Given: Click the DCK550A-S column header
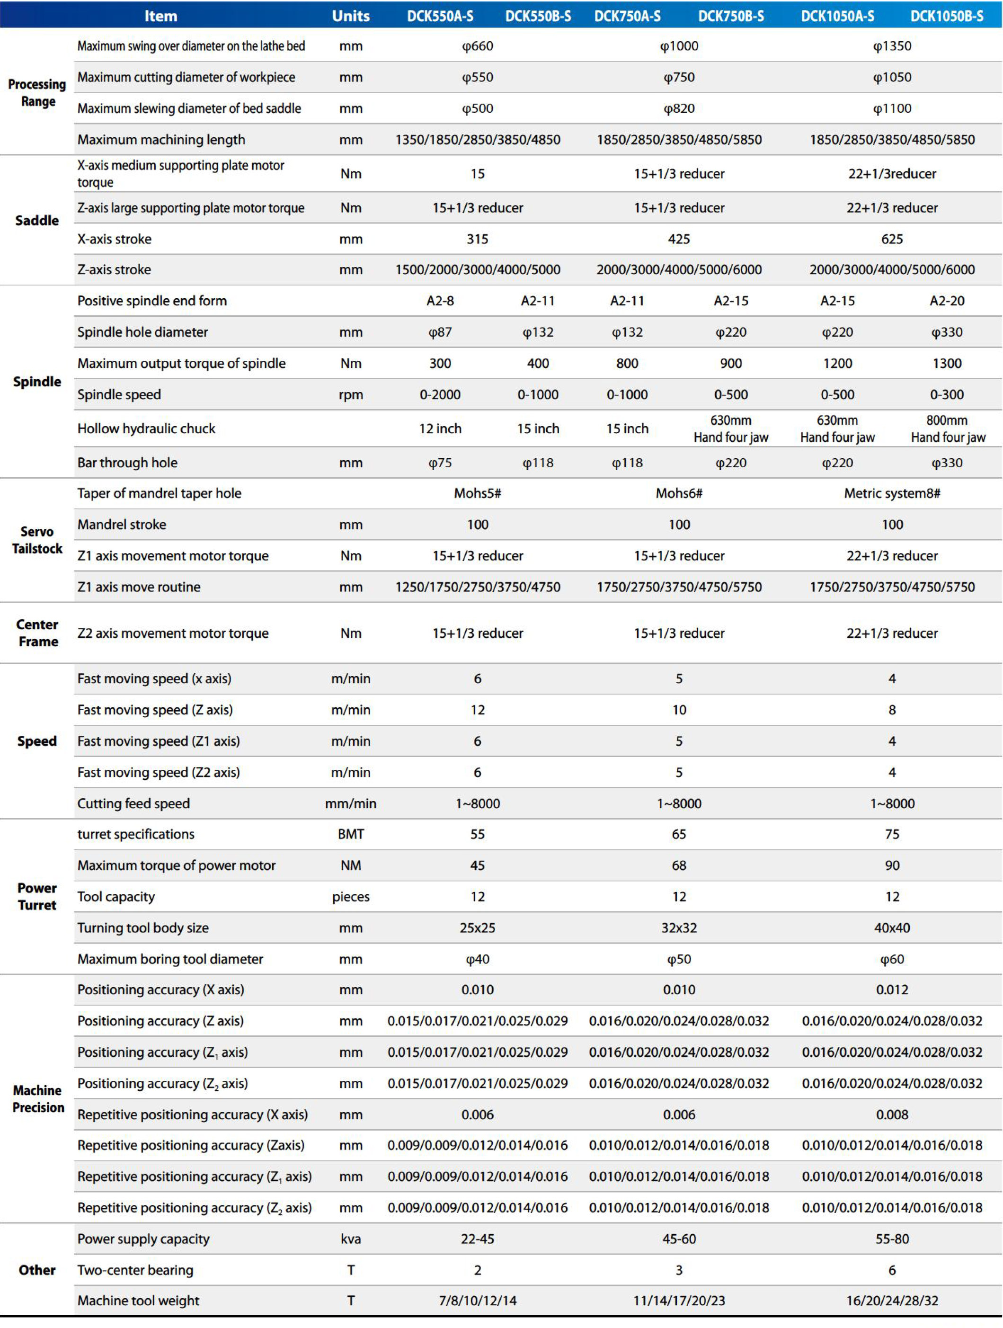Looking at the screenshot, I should (440, 16).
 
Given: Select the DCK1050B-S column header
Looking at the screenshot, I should (947, 16).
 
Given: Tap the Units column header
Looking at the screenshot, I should (351, 16).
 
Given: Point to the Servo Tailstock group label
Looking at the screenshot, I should (37, 540).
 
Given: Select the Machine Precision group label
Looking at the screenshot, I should (38, 1099).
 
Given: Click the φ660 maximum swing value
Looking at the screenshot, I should (477, 46).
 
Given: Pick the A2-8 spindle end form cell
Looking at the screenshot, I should (440, 301).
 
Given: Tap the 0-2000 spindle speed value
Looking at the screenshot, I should (440, 394).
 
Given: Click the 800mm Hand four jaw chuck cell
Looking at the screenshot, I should (947, 428).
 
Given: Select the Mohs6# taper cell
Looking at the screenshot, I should (679, 493).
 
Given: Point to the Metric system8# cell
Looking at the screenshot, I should (892, 493).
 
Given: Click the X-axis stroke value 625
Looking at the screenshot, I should (892, 239).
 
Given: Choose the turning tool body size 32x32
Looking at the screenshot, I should (679, 927).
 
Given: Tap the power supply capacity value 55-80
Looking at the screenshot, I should (892, 1239).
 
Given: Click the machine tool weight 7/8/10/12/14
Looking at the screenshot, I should (477, 1301).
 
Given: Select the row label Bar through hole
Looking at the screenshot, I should (127, 463).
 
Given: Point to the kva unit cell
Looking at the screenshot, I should (351, 1239).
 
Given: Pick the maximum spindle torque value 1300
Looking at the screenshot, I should (947, 363).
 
